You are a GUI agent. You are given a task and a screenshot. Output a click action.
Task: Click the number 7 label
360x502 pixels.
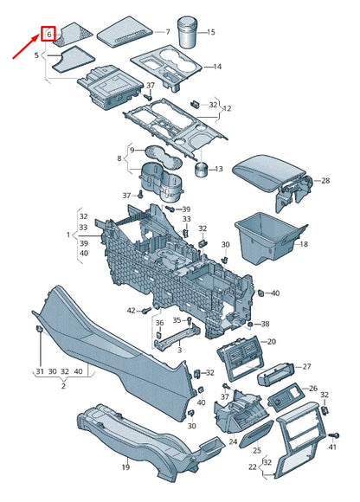pos(168,32)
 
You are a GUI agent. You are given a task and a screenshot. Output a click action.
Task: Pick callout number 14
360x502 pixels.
pos(217,67)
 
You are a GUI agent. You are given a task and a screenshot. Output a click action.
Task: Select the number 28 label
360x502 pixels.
pos(325,181)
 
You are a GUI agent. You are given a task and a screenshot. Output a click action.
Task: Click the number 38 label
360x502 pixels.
pos(265,325)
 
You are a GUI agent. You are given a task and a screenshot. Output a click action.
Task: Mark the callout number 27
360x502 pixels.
pos(305,367)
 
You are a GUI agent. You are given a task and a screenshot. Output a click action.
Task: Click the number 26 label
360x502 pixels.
pos(313,389)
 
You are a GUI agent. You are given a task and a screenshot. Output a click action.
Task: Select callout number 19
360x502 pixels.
pos(125,467)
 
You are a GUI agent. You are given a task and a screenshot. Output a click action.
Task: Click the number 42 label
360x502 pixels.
pos(132,310)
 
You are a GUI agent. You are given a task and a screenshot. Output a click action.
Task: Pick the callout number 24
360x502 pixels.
pos(233,441)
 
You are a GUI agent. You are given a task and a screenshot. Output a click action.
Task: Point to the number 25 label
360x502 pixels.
pos(257,451)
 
